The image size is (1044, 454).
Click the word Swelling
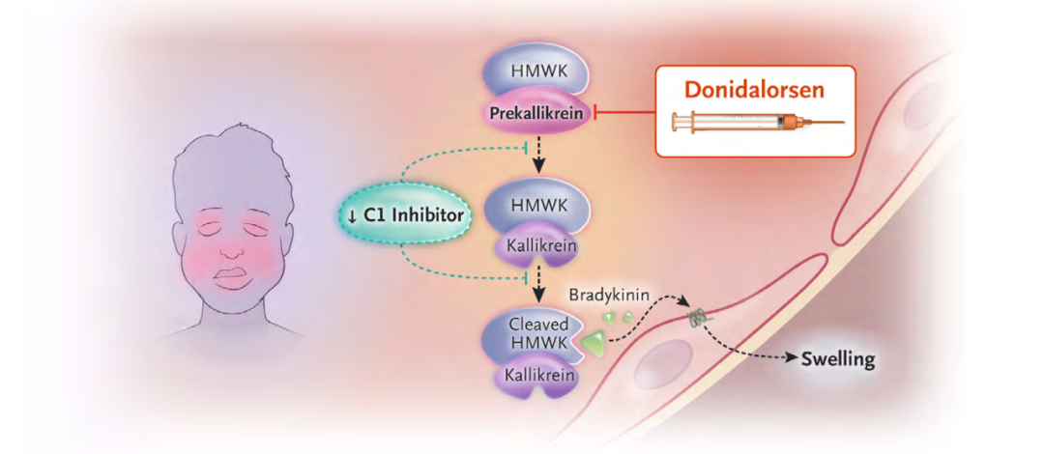[838, 360]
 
